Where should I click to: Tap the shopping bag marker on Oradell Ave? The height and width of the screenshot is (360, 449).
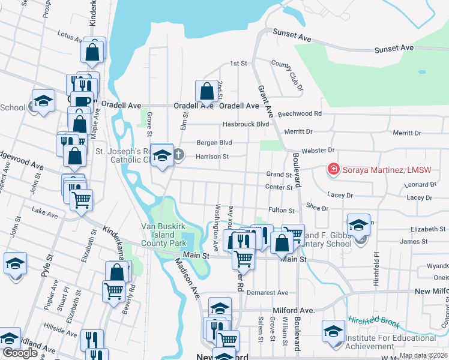(206, 92)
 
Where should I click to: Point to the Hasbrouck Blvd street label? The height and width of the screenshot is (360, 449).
(246, 124)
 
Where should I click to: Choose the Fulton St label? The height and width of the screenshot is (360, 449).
(282, 211)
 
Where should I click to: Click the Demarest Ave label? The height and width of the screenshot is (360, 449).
(270, 293)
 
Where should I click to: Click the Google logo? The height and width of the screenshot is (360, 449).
(20, 353)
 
